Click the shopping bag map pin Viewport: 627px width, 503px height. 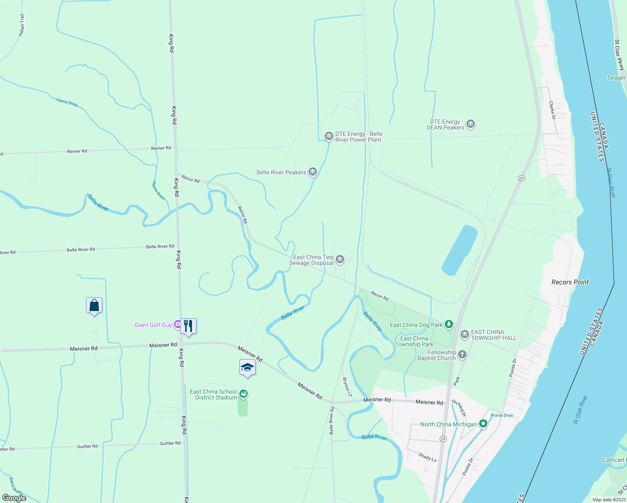coord(94,306)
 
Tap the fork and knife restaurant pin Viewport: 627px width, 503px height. coord(188,326)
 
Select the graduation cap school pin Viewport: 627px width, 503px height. coord(247,368)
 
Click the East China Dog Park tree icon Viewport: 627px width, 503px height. coord(449,324)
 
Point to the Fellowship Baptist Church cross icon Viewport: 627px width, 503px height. coord(462,355)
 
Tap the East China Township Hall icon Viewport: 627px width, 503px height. coord(464,334)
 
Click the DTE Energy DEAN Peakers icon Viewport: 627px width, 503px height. coord(471,124)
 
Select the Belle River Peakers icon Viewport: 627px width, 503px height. coord(312,172)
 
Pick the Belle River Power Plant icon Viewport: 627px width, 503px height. coord(329,136)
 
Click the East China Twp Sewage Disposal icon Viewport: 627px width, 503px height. coord(340,259)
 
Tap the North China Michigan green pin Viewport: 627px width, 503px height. coord(483,424)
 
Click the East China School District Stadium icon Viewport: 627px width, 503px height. coord(243,394)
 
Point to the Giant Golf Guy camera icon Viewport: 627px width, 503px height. coord(178,324)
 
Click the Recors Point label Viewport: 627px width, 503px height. coord(570,282)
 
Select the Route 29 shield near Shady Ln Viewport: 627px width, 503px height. coord(443,438)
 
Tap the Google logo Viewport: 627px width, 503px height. coord(14,498)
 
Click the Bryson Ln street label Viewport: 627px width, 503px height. coord(347,387)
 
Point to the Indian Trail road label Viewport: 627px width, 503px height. coord(21,26)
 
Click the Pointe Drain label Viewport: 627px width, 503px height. coord(502,415)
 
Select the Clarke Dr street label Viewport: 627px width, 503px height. coord(552,110)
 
